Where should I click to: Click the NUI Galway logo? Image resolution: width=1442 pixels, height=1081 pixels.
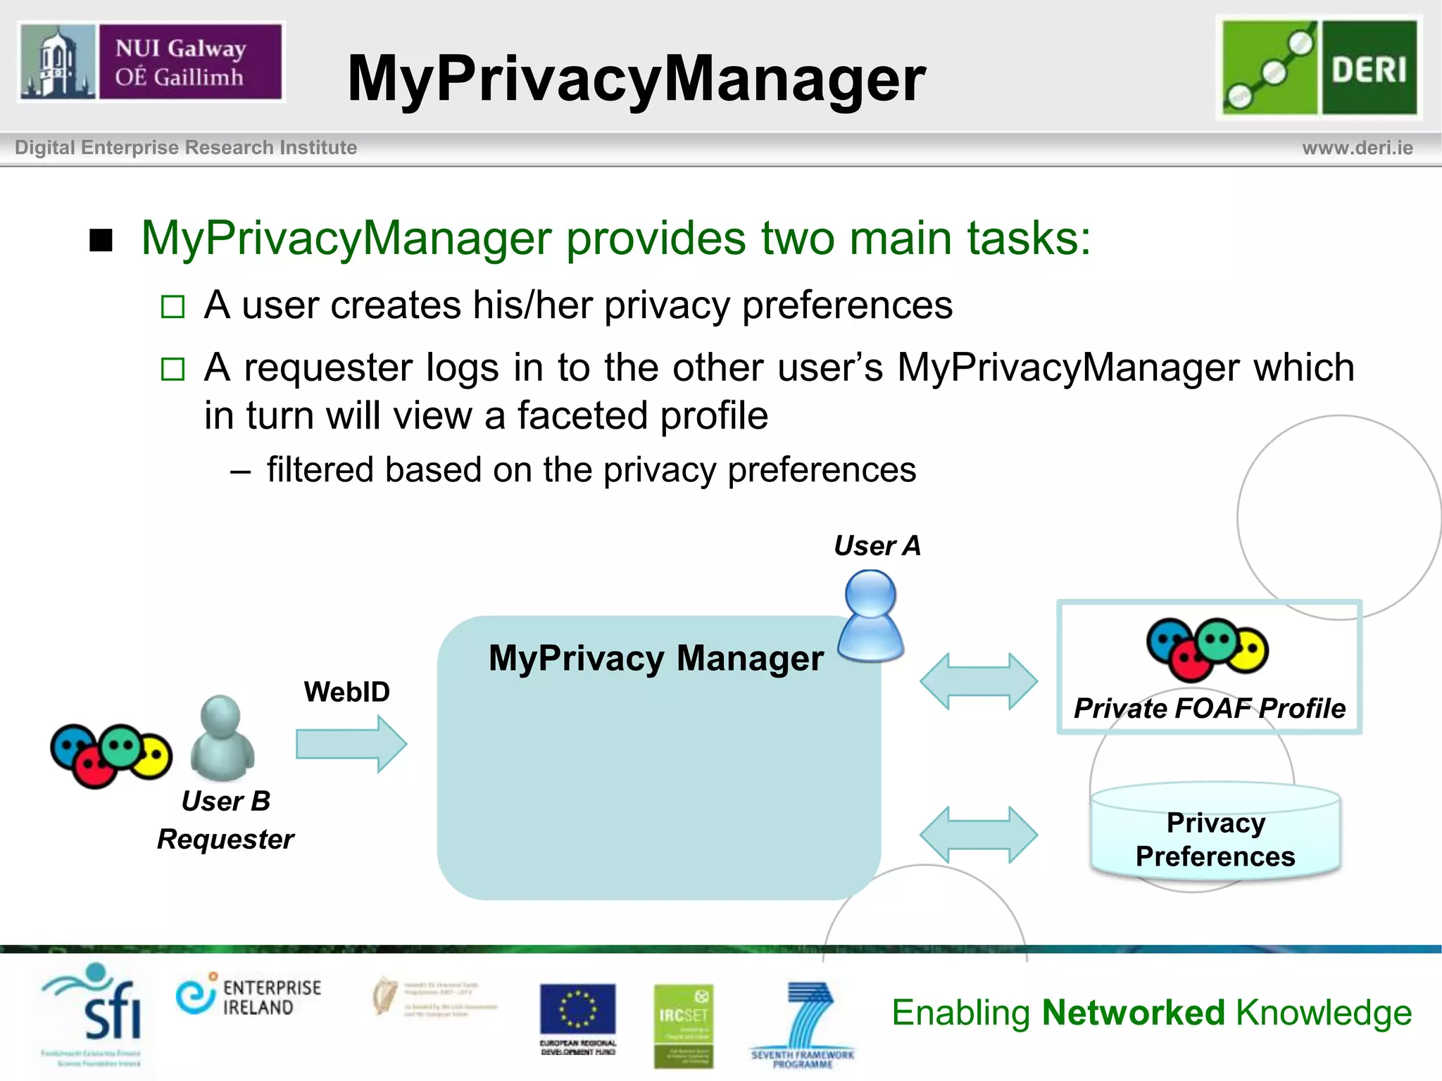tap(151, 62)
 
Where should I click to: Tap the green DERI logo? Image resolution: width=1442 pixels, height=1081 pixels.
tap(1319, 68)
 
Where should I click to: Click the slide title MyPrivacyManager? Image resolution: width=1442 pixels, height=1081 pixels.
tap(636, 79)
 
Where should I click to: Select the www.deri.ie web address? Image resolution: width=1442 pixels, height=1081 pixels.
tap(1357, 148)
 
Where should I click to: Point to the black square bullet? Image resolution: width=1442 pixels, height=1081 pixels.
tap(101, 241)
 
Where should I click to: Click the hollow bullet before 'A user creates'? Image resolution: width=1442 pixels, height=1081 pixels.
tap(173, 307)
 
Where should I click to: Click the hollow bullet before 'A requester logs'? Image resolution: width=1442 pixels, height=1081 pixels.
tap(173, 369)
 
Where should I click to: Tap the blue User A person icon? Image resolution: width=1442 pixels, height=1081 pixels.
tap(871, 616)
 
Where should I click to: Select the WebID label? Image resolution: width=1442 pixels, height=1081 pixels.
tap(346, 692)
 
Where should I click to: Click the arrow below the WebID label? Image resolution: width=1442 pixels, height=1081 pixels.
tap(351, 744)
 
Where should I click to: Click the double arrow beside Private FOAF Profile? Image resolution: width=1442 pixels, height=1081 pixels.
tap(979, 681)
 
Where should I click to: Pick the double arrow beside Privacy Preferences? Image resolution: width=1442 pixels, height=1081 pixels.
tap(979, 835)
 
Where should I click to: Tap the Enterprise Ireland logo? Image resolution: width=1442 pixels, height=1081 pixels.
tap(249, 997)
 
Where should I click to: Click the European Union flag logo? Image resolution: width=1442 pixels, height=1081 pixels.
tap(577, 1011)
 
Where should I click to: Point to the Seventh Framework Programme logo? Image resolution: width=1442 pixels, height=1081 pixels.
tap(803, 1024)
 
